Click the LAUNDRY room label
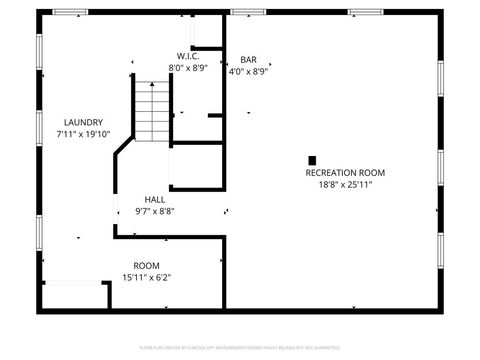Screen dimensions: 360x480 click(83, 122)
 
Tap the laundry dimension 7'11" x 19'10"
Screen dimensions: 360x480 click(83, 134)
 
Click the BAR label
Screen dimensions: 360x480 click(248, 60)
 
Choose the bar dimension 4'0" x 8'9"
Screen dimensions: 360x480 click(248, 72)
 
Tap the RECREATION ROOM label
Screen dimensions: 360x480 click(344, 173)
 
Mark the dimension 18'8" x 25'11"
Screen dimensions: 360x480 click(344, 185)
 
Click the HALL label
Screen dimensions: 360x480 click(154, 199)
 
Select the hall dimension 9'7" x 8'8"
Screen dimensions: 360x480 click(154, 211)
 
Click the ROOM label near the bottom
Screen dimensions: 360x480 click(147, 265)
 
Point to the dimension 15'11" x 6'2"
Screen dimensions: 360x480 click(147, 277)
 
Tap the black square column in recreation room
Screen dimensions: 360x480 click(312, 159)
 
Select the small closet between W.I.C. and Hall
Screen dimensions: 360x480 click(196, 167)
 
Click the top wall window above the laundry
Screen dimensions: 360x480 click(70, 12)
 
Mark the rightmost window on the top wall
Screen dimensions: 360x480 click(366, 12)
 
